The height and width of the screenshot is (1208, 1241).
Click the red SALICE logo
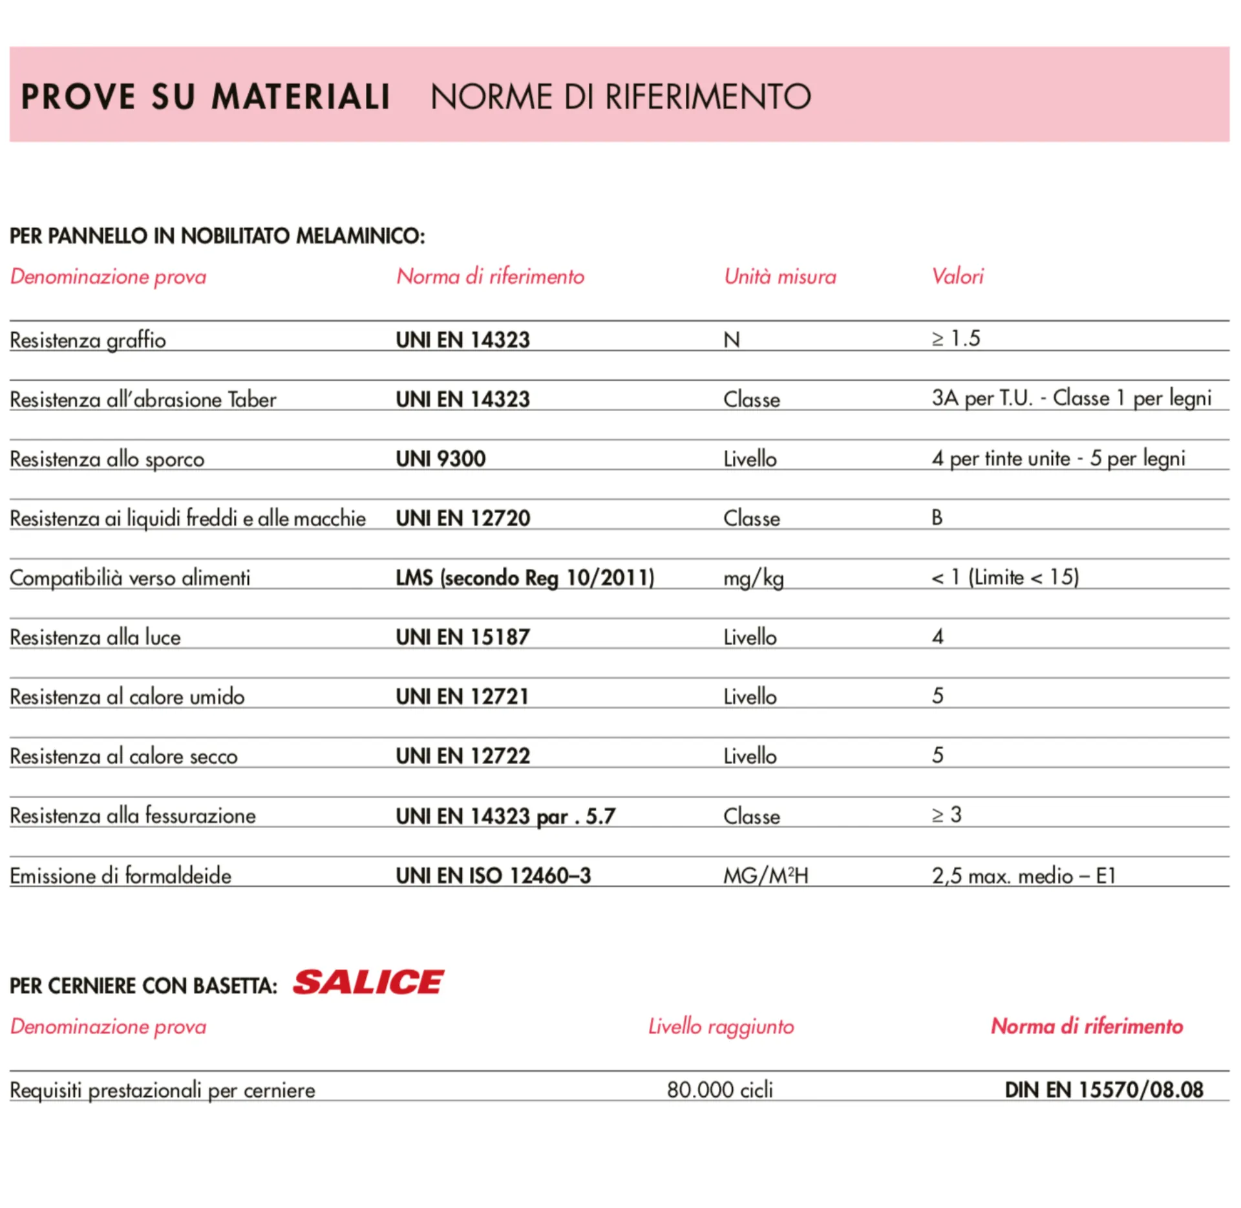click(368, 983)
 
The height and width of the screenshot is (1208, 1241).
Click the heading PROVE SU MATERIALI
click(206, 97)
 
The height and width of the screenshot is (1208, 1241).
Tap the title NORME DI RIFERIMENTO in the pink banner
click(620, 97)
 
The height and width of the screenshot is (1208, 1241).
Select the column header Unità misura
click(780, 277)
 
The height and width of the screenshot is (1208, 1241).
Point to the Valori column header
click(957, 277)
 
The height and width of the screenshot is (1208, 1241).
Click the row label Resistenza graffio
click(88, 340)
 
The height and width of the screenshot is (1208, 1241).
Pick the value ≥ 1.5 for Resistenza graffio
click(955, 338)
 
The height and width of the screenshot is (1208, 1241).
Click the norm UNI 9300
click(440, 459)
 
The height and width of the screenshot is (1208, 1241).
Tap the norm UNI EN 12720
click(463, 518)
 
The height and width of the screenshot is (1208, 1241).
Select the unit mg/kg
click(754, 578)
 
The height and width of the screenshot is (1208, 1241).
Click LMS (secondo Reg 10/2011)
click(525, 578)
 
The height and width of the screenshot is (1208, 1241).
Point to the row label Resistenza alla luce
click(95, 637)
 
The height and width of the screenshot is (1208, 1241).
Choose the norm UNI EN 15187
click(463, 637)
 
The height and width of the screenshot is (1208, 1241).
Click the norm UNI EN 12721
click(462, 697)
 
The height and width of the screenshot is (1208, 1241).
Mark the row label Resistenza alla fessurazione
click(133, 816)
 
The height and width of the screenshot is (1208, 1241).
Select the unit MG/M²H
click(766, 876)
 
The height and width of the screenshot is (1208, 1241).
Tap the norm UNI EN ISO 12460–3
click(493, 876)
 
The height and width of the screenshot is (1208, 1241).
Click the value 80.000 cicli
click(720, 1090)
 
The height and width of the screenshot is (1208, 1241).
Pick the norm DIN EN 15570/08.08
click(1103, 1090)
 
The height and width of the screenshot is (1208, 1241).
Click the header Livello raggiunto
click(721, 1026)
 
